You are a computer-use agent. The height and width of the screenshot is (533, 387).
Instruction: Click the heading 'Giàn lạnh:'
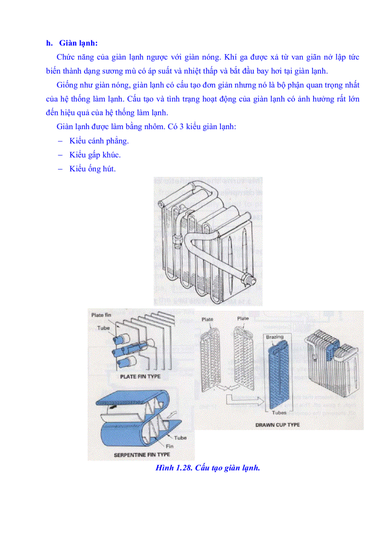point(78,43)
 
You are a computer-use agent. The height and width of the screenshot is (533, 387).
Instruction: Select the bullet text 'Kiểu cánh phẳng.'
point(99,141)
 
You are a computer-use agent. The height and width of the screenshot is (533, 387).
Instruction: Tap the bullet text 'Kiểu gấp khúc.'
point(94,155)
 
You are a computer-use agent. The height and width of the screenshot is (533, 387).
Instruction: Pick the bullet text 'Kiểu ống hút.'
point(92,168)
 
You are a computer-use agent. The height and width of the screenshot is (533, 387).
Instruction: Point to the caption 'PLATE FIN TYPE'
point(138,376)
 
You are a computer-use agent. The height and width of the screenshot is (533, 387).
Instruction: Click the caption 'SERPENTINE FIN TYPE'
point(142,455)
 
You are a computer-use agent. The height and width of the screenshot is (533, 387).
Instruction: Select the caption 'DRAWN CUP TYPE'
point(277,424)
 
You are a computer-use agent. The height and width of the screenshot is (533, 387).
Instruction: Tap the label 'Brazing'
point(275,337)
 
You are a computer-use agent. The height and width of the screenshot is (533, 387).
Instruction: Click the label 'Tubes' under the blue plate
point(279,412)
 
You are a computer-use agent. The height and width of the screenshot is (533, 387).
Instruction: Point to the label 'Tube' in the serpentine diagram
point(180,438)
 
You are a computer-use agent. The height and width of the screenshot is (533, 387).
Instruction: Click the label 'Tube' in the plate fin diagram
point(103,328)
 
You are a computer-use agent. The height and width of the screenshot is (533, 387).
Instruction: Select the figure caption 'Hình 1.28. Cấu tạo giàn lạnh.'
point(208,468)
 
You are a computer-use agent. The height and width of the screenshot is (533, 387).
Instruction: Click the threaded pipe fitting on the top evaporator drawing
point(248,279)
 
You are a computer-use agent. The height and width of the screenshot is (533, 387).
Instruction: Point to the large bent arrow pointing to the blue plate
point(244,401)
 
